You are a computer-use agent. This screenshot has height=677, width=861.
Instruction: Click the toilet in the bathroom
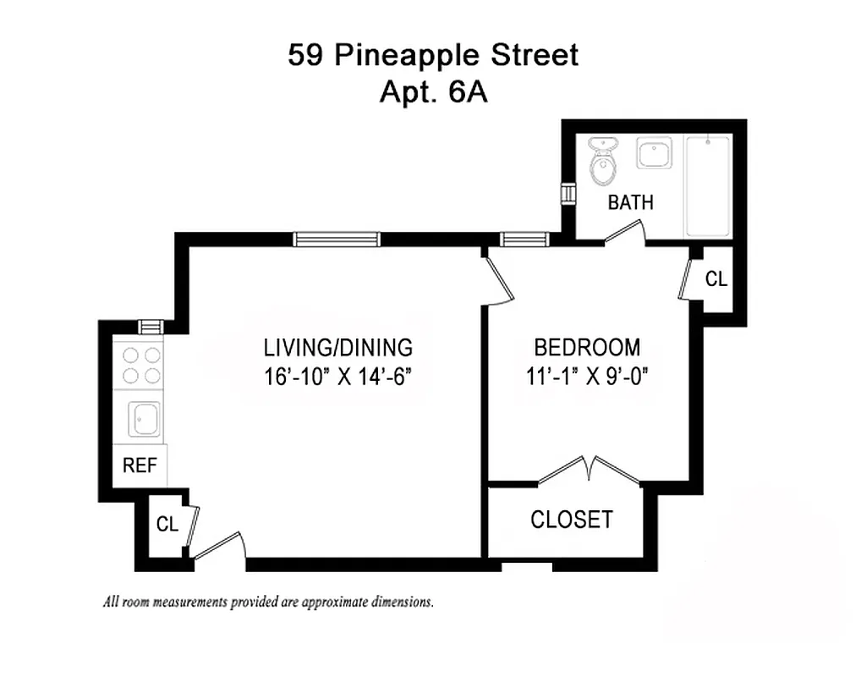tap(602, 162)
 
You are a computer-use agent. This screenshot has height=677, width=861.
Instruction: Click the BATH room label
tap(631, 203)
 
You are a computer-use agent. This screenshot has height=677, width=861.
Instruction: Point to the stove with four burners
tap(141, 366)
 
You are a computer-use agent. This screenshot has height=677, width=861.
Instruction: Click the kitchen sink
tap(141, 419)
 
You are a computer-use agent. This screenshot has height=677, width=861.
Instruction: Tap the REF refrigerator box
tap(140, 465)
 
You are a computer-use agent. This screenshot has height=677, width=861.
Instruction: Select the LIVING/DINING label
tap(337, 347)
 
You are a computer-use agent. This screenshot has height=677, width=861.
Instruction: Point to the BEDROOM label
tap(587, 347)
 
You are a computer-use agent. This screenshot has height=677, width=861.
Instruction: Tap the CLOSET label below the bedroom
tap(572, 519)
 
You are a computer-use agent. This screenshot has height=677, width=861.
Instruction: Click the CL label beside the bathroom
tap(716, 279)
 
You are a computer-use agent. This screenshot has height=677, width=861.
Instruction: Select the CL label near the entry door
tap(167, 525)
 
